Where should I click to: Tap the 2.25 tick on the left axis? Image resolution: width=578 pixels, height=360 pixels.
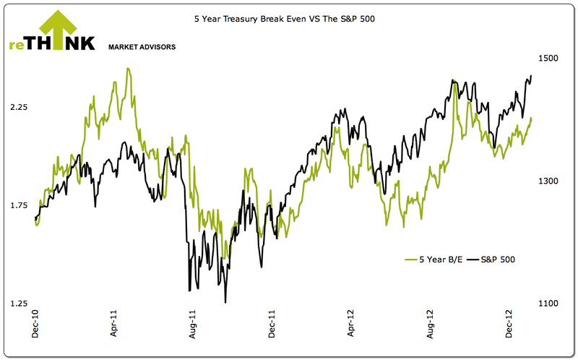click(19, 107)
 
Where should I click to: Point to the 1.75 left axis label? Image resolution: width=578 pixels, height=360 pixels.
click(19, 205)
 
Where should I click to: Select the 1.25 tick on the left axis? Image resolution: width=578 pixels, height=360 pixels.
click(19, 304)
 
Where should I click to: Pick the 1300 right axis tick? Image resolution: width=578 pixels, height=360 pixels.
click(548, 181)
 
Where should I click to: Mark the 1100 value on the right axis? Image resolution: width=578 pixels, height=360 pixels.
click(548, 304)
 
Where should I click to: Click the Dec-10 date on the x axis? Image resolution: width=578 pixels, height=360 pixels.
click(36, 329)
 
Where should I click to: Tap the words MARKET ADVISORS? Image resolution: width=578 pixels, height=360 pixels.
click(142, 47)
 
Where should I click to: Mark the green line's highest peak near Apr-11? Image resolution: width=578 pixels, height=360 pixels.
click(128, 69)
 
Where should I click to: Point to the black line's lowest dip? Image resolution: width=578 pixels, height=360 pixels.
click(226, 302)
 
